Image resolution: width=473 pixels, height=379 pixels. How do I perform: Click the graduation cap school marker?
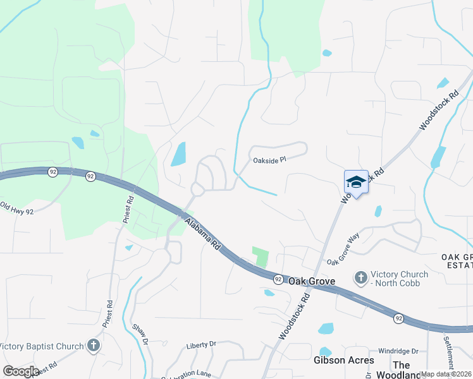point(356,183)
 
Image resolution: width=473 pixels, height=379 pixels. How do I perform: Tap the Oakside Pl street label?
point(270,160)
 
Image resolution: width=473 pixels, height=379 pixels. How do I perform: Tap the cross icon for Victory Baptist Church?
point(94,346)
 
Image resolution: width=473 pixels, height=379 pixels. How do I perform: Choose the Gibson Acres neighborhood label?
point(340,360)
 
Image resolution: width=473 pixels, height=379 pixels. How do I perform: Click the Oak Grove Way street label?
point(343,250)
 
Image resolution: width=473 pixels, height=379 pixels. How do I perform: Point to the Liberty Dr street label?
point(201,345)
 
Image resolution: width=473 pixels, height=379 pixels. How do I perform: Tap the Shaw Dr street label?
point(140,334)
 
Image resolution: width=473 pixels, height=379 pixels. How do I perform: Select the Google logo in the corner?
point(21,371)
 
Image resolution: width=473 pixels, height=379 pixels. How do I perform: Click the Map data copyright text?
point(446,374)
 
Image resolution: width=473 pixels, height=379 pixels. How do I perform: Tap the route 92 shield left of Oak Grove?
point(278,279)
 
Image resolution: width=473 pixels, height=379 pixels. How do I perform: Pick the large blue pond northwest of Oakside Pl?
point(178,154)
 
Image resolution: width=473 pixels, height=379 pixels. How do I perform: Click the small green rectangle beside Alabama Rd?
point(261,256)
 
